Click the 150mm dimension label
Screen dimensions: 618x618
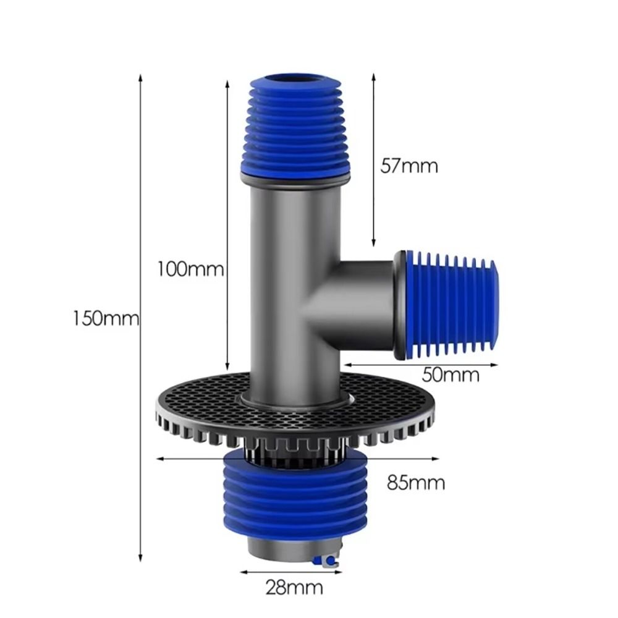point(106,319)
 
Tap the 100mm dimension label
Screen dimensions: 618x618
point(190,270)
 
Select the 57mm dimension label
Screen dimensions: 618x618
point(408,166)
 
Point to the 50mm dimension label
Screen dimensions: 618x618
point(451,375)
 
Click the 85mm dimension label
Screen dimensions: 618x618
point(416,482)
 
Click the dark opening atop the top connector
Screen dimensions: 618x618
point(295,78)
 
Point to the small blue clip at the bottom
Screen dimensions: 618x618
point(328,561)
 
